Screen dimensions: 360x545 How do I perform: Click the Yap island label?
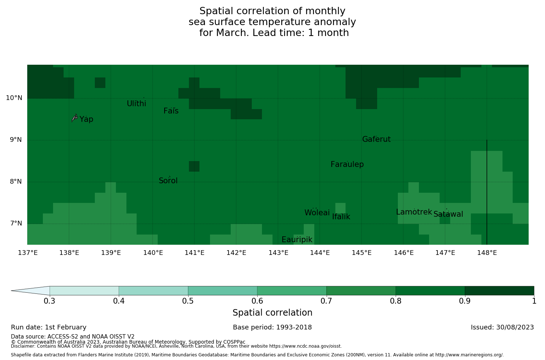86,119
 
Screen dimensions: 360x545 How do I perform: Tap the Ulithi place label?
136,104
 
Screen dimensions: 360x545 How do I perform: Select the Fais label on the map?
171,111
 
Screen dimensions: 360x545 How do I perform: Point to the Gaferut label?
376,139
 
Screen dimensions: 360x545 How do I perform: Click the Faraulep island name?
347,164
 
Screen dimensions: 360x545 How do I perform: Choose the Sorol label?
168,181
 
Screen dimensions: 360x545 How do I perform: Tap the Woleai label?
317,213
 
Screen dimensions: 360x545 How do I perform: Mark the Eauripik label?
297,240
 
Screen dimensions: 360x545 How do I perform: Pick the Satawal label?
448,214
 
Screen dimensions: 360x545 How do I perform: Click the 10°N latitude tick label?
14,98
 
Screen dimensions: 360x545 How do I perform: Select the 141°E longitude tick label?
194,253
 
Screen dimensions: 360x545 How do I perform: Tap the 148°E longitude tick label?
487,253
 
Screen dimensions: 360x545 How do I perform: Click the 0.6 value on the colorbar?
257,301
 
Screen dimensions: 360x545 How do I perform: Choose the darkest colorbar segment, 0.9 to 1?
499,291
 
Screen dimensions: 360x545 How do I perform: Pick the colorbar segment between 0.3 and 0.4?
84,291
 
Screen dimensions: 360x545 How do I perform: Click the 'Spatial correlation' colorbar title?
272,313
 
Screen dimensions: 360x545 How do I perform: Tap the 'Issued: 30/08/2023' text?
502,327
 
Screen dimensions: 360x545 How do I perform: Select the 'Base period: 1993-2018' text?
272,327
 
